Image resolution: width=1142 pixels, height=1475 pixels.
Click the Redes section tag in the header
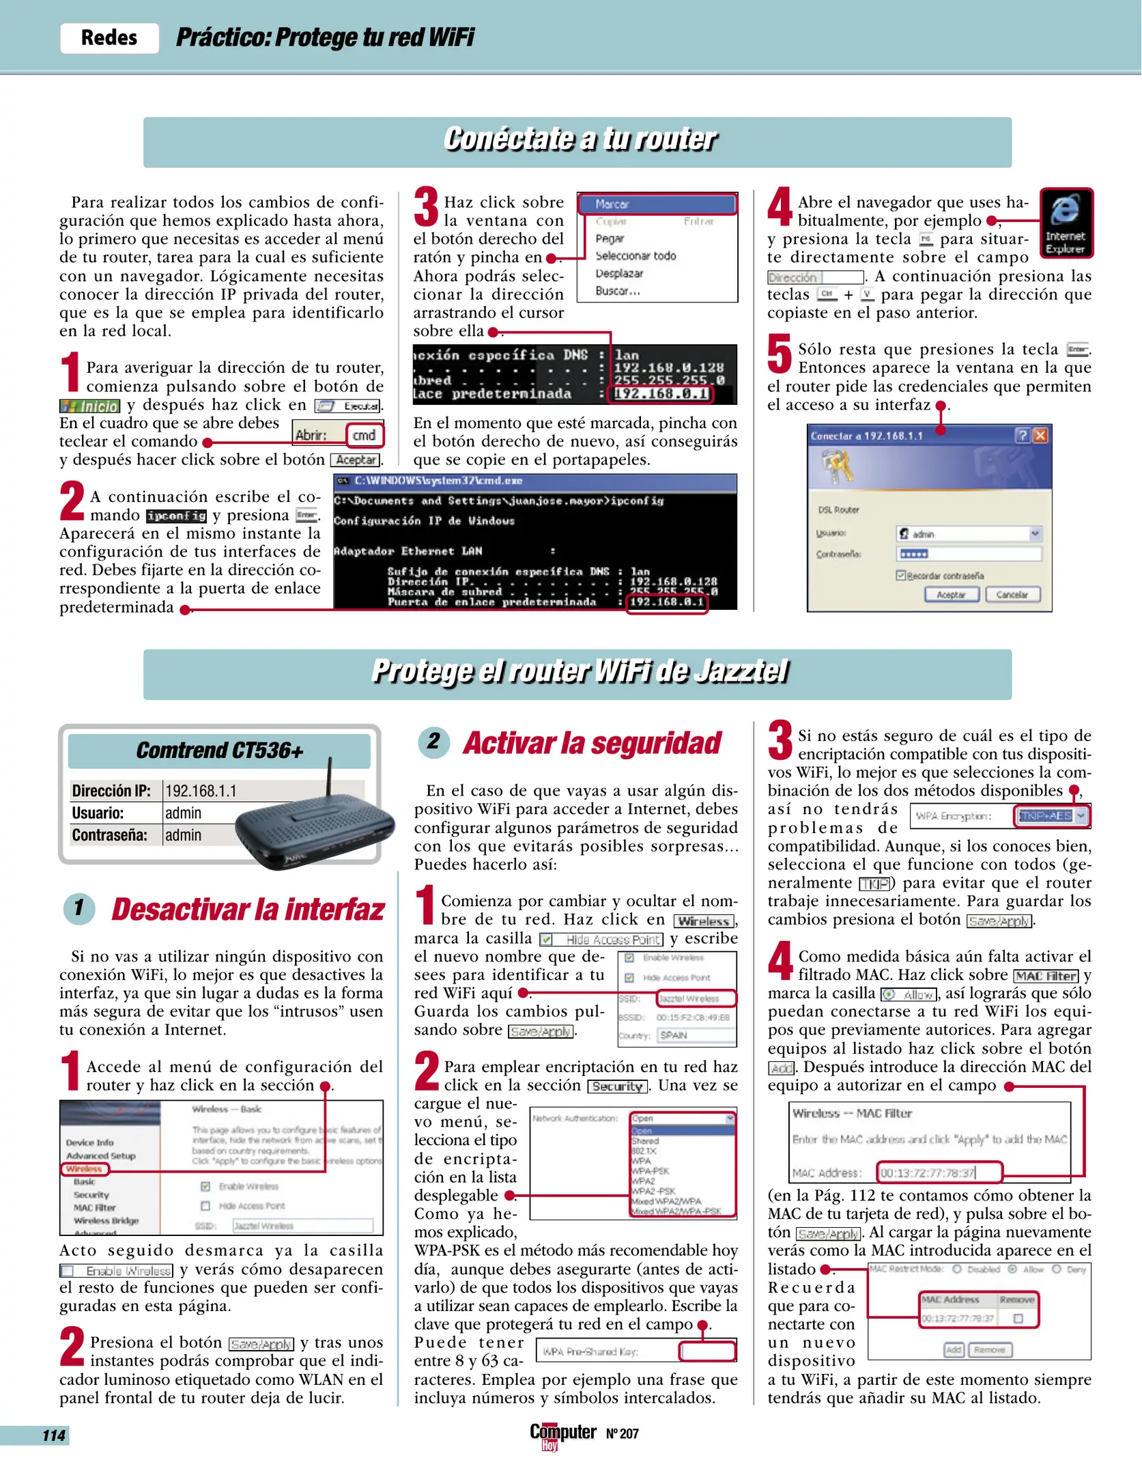[109, 38]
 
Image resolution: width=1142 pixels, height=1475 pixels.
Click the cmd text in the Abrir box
[365, 435]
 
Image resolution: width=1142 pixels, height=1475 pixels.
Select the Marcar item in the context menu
[657, 204]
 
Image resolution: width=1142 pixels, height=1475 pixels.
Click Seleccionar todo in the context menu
[636, 256]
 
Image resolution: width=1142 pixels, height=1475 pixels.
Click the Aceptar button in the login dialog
[951, 595]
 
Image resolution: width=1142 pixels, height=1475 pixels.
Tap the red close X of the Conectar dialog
[1040, 436]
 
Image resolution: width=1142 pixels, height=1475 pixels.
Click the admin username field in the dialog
[967, 534]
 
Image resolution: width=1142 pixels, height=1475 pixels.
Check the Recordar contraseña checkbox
[901, 576]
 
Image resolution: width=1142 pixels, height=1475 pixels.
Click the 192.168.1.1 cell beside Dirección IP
[201, 791]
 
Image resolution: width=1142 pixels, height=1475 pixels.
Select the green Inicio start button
[90, 406]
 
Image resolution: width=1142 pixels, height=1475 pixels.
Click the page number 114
[53, 1435]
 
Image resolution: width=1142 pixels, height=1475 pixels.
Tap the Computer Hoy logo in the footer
[562, 1434]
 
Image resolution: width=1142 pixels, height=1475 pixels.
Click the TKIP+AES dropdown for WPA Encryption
[1051, 816]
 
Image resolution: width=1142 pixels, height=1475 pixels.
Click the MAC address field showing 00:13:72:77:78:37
[939, 1173]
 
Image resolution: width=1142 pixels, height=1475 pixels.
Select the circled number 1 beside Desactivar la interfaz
[79, 908]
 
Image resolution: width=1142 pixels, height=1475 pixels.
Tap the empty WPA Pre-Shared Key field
[707, 1351]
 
